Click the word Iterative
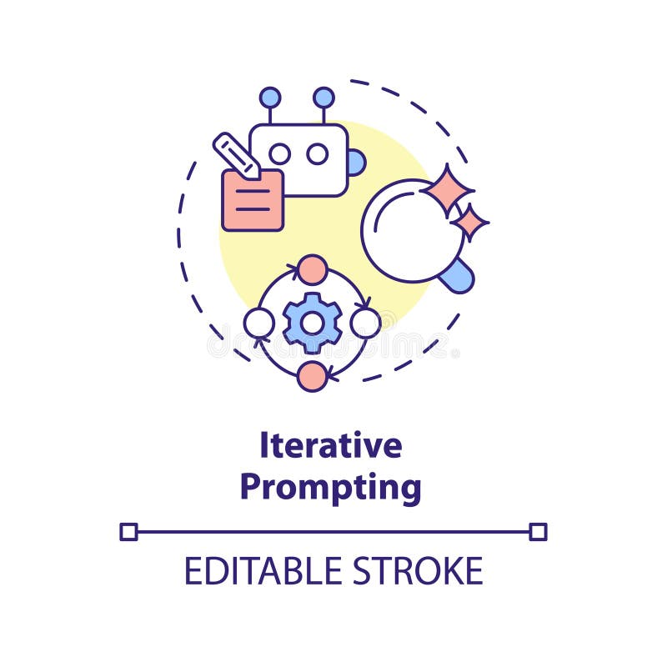pyautogui.click(x=330, y=446)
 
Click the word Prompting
pyautogui.click(x=330, y=488)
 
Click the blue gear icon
pyautogui.click(x=312, y=323)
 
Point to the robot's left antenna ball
pyautogui.click(x=270, y=98)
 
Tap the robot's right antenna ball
pyautogui.click(x=323, y=98)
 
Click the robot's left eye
pyautogui.click(x=279, y=153)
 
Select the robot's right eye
pyautogui.click(x=317, y=153)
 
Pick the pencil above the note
pyautogui.click(x=236, y=155)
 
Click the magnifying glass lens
pyautogui.click(x=410, y=230)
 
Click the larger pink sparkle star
pyautogui.click(x=448, y=189)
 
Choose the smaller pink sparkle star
pyautogui.click(x=470, y=222)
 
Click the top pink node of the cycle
pyautogui.click(x=312, y=269)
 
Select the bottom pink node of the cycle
pyautogui.click(x=312, y=376)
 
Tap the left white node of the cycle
pyautogui.click(x=258, y=323)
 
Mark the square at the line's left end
pyautogui.click(x=128, y=532)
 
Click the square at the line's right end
pyautogui.click(x=538, y=532)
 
